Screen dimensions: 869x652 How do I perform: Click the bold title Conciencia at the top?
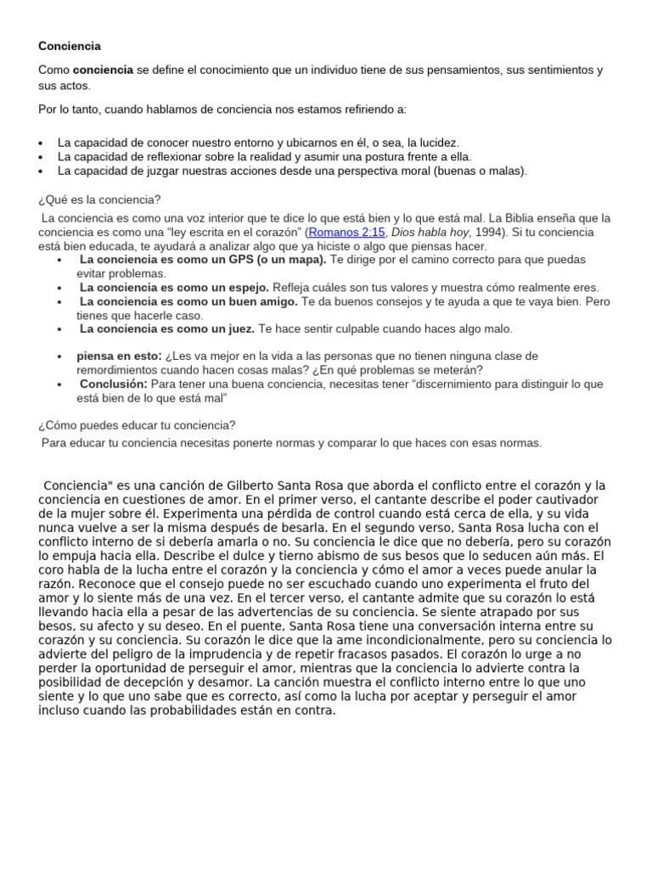click(x=70, y=46)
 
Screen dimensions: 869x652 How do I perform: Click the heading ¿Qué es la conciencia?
click(x=99, y=199)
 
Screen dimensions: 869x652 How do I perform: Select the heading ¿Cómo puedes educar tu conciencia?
click(x=137, y=424)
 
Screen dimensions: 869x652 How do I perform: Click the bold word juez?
click(x=241, y=328)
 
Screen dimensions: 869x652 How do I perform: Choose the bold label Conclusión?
click(x=114, y=384)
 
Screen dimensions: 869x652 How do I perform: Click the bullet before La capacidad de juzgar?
click(x=42, y=171)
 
